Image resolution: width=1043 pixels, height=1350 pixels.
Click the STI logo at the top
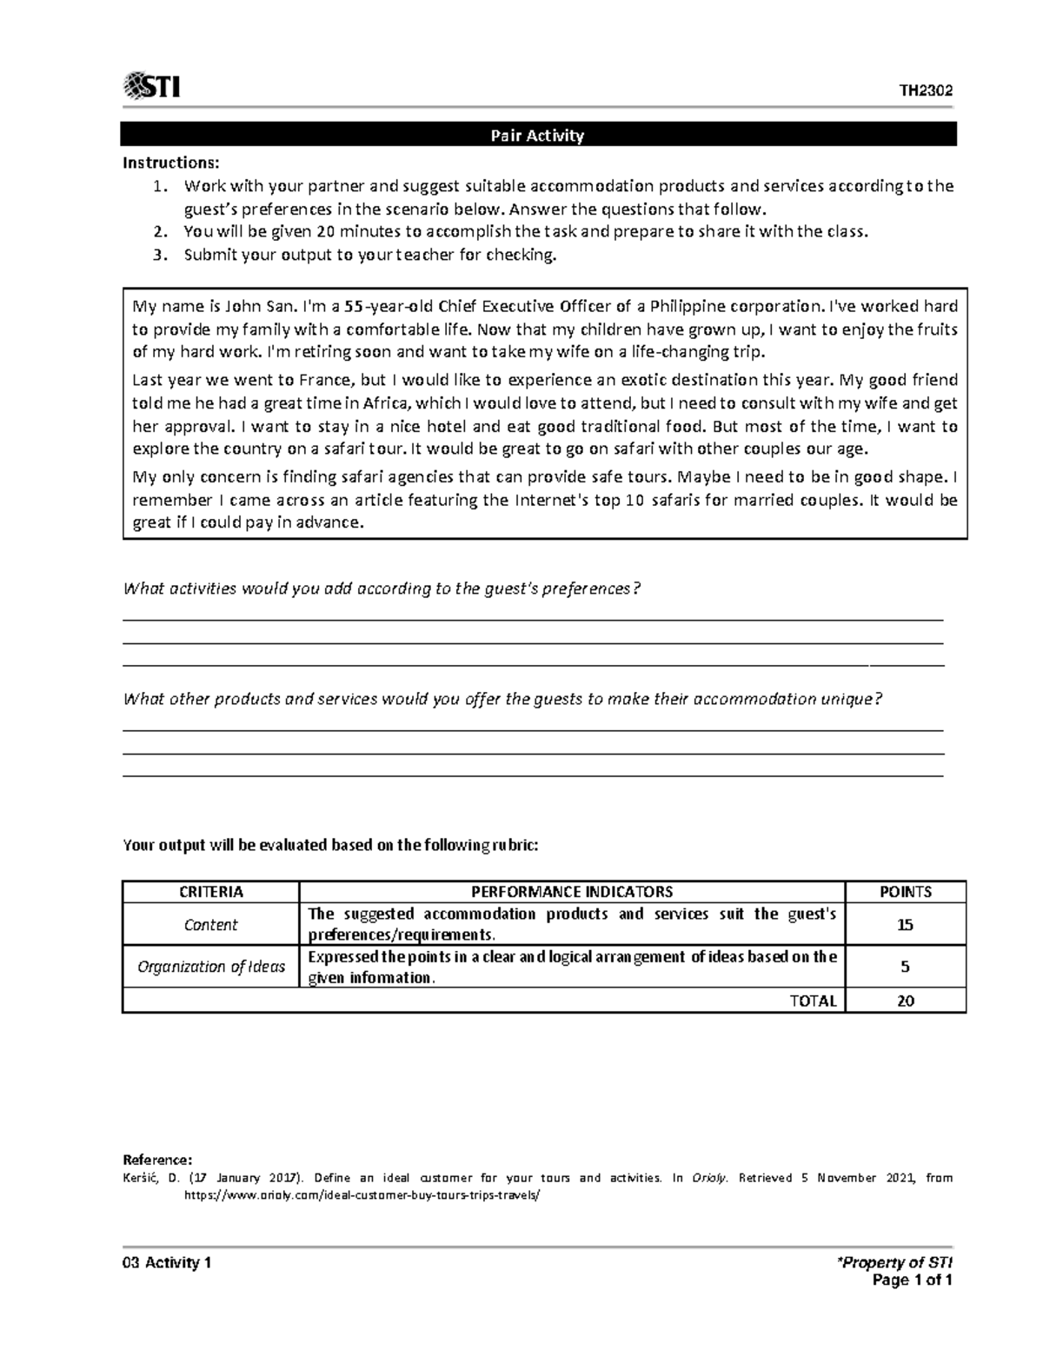click(x=152, y=87)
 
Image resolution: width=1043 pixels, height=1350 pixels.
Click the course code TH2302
click(x=926, y=91)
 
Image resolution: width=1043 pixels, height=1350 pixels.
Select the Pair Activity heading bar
click(x=538, y=135)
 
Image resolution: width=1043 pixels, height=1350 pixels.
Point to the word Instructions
click(x=171, y=163)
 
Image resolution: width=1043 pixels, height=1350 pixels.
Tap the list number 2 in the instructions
click(x=158, y=231)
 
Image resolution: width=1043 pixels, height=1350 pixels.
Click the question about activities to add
click(x=382, y=589)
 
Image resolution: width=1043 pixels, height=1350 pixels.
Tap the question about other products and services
click(x=503, y=699)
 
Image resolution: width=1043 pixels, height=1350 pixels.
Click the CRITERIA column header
click(x=211, y=892)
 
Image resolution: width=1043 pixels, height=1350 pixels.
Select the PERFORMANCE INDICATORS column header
click(x=572, y=892)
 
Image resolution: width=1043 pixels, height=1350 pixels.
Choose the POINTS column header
click(x=905, y=892)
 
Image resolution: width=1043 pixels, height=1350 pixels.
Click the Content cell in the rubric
click(x=211, y=925)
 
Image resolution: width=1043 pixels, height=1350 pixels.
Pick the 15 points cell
click(x=905, y=925)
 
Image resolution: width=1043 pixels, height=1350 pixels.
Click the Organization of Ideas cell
click(x=211, y=967)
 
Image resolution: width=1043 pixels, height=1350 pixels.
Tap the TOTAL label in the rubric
click(x=813, y=1001)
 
